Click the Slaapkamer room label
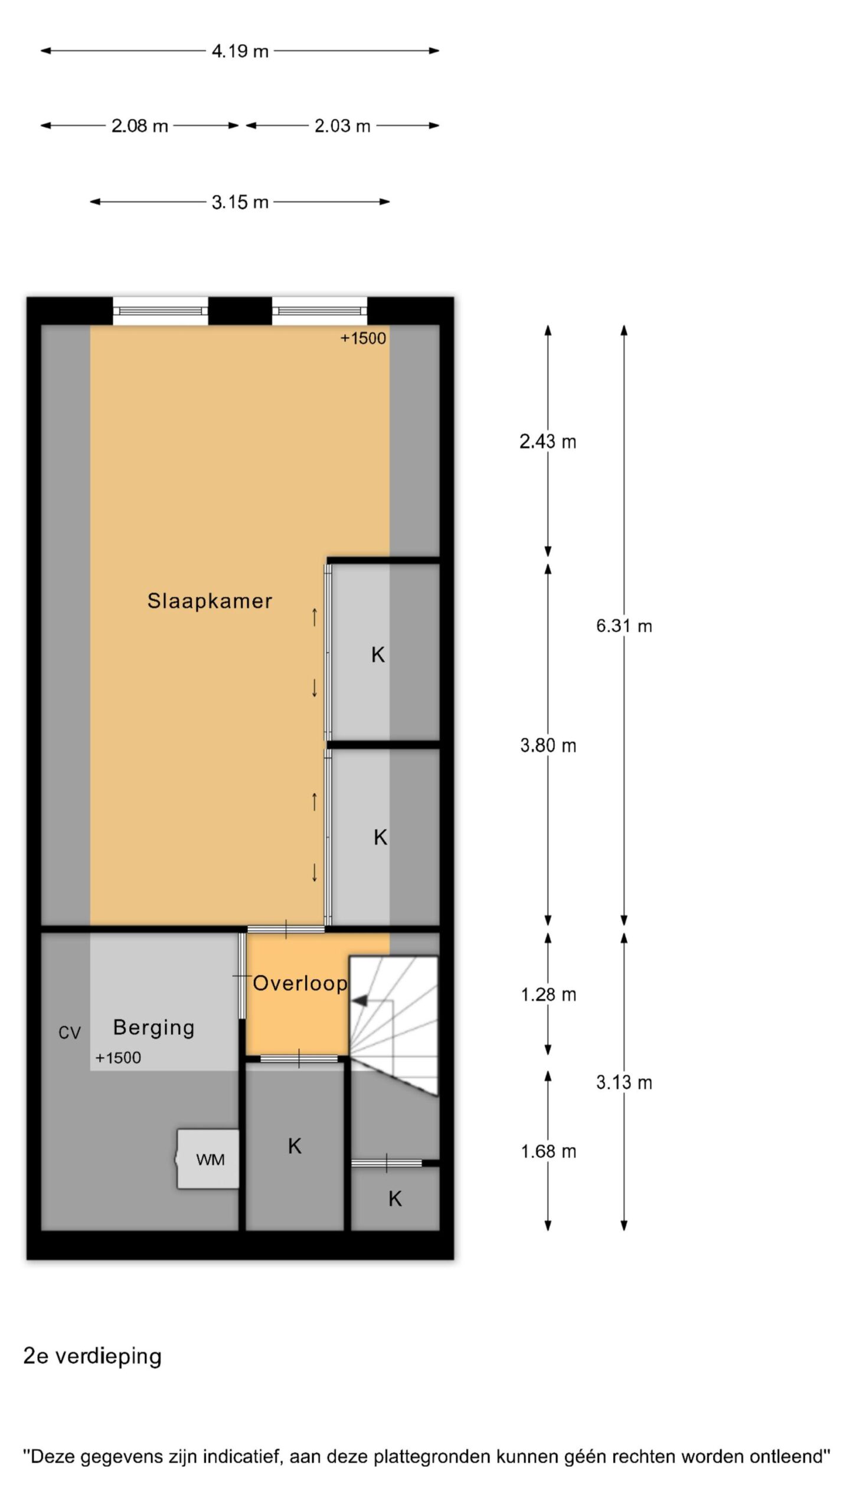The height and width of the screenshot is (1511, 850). (x=210, y=601)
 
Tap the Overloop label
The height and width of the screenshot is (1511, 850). (x=300, y=983)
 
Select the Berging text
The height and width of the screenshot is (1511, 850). (x=153, y=1028)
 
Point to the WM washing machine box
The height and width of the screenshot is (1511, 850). (x=208, y=1159)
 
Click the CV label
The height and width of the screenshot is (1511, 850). (x=69, y=1033)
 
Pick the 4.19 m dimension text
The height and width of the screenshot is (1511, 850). (x=240, y=51)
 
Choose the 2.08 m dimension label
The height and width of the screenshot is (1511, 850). (x=140, y=126)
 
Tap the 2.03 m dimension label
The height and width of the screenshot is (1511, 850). (x=342, y=126)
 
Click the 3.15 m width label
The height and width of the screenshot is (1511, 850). (x=240, y=202)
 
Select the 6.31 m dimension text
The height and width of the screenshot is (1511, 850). (x=624, y=626)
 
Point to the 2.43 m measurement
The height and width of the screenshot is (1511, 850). (x=548, y=441)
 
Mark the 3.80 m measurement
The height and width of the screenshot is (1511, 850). (x=548, y=746)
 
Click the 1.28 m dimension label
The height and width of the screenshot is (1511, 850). (x=548, y=995)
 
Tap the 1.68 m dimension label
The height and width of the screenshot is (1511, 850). (x=548, y=1152)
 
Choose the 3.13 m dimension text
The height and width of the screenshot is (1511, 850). (x=624, y=1082)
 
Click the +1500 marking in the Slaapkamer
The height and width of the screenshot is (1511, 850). (x=363, y=338)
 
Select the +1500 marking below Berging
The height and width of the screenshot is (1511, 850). (x=118, y=1058)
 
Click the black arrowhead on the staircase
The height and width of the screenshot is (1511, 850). (x=359, y=1000)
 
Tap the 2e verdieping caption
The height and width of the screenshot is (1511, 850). (x=92, y=1356)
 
